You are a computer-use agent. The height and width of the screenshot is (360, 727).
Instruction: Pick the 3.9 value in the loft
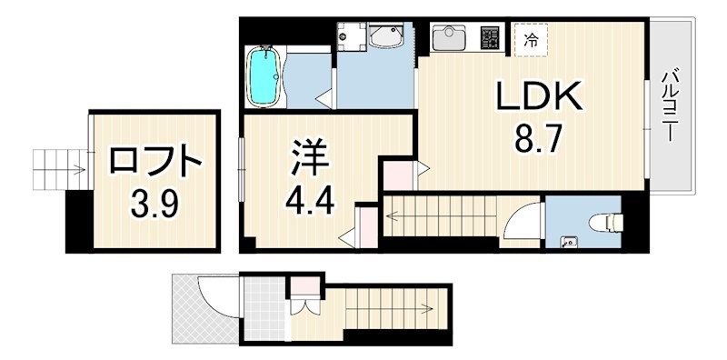coord(154,200)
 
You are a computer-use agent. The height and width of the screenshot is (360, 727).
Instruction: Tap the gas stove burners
coord(491,39)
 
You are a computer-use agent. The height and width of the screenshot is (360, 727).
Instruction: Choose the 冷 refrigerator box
coord(531,39)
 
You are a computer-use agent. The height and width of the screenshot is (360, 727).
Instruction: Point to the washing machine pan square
coord(348,36)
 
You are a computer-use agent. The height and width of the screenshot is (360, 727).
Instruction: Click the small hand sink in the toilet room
coord(569,242)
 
